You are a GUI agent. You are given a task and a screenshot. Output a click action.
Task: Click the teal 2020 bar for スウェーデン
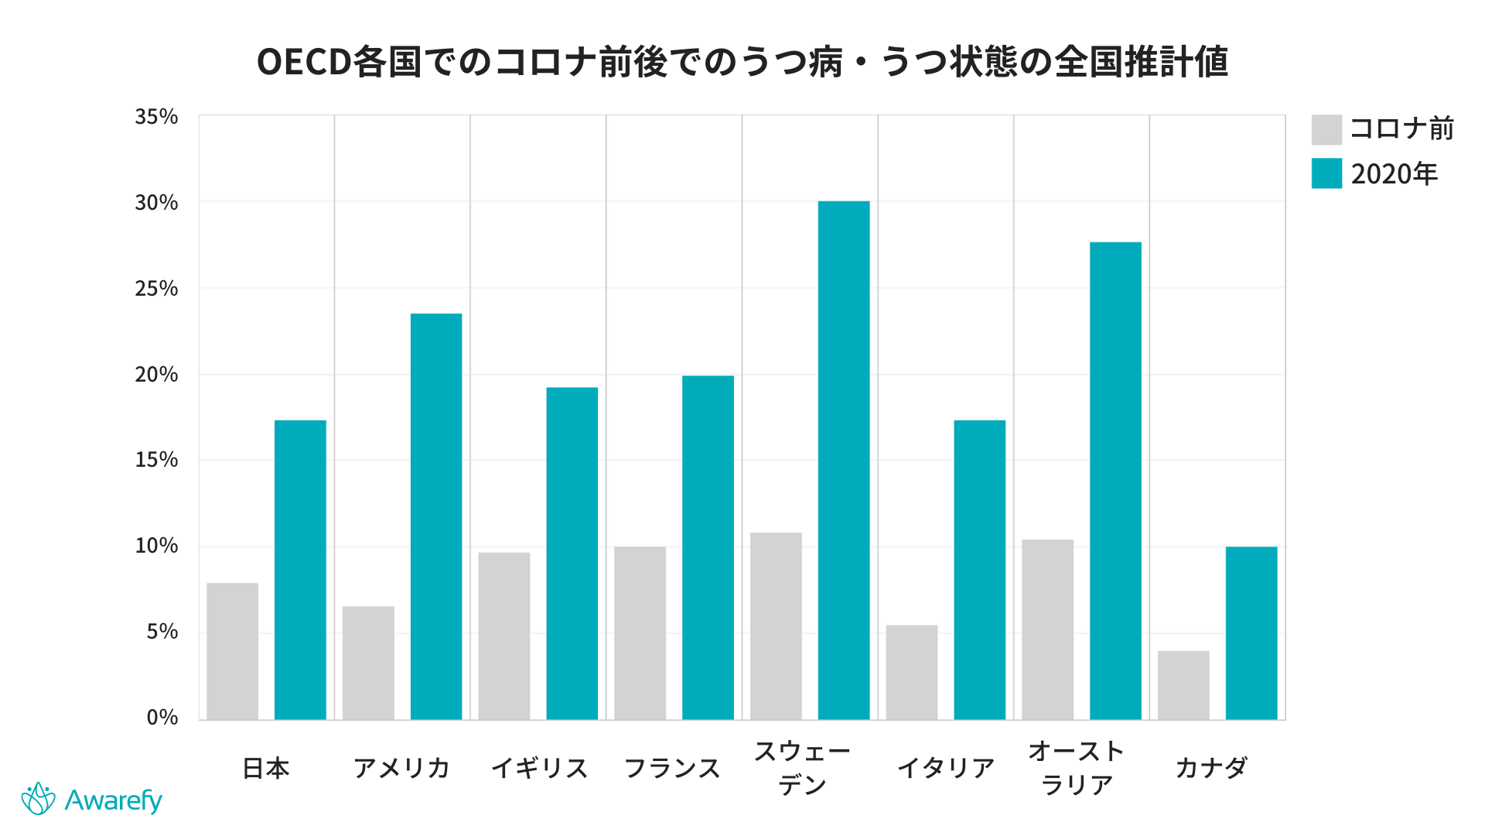tap(843, 461)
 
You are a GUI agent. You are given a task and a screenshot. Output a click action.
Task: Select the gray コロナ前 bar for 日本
tap(232, 651)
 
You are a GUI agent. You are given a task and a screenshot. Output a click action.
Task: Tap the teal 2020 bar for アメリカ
tap(436, 516)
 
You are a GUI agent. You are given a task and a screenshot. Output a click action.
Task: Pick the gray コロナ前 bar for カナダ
tap(1183, 685)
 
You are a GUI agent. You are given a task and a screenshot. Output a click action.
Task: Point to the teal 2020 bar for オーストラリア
tap(1115, 481)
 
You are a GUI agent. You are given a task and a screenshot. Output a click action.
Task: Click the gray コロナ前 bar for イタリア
tap(912, 672)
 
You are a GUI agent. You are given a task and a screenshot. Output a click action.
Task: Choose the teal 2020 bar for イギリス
tap(572, 553)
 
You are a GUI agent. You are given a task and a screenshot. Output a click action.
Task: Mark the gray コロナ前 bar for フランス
tap(640, 633)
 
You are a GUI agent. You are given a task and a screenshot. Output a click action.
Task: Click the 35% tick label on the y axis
tap(156, 117)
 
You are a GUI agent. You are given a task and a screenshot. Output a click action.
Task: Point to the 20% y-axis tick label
tap(156, 375)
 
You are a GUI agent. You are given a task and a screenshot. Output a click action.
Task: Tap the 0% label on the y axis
tap(162, 718)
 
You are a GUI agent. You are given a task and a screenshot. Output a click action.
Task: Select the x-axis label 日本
tap(266, 768)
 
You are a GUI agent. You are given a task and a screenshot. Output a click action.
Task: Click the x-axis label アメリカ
tap(401, 768)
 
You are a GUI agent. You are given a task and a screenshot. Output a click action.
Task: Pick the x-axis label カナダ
tap(1211, 768)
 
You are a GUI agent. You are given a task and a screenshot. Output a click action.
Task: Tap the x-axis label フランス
tap(672, 768)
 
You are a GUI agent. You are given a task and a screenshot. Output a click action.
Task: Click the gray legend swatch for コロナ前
tap(1326, 129)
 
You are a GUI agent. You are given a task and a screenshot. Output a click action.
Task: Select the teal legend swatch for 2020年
tap(1326, 173)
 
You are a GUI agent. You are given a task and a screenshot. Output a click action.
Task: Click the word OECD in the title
tap(304, 62)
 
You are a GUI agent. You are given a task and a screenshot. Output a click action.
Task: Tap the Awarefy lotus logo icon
tap(38, 799)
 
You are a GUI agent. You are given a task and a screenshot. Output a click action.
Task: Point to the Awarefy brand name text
tap(113, 800)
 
